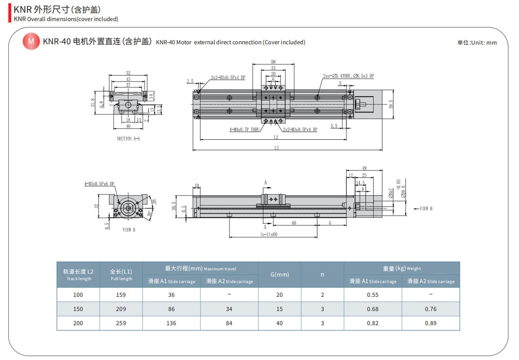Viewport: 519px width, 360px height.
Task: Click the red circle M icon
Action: tap(31, 41)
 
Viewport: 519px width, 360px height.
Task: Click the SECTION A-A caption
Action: tap(128, 139)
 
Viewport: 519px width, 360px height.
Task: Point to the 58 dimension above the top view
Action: tap(273, 62)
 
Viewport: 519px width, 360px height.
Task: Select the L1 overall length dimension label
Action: tap(276, 148)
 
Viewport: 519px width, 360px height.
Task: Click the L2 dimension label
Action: tap(276, 137)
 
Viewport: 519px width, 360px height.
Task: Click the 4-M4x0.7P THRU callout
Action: tap(244, 129)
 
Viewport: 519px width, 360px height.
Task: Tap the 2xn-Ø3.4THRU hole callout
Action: tap(348, 76)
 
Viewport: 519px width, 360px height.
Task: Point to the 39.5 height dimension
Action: tap(391, 104)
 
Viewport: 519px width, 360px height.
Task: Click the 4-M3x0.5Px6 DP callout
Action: tap(99, 184)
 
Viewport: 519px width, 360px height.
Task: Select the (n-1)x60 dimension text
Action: tap(269, 234)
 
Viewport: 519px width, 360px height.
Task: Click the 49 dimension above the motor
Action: tap(364, 168)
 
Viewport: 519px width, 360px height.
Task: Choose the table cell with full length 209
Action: tap(121, 309)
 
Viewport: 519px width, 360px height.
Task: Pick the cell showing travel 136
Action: tap(171, 323)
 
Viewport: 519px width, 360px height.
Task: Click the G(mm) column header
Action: tap(279, 275)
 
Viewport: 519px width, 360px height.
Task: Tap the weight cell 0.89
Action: tap(430, 323)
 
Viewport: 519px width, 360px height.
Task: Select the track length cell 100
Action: tap(78, 295)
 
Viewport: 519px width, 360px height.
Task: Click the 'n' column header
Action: tap(322, 275)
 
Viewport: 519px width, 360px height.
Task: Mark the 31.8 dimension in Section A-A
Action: tap(93, 103)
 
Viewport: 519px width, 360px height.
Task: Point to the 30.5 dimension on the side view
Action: tap(174, 206)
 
